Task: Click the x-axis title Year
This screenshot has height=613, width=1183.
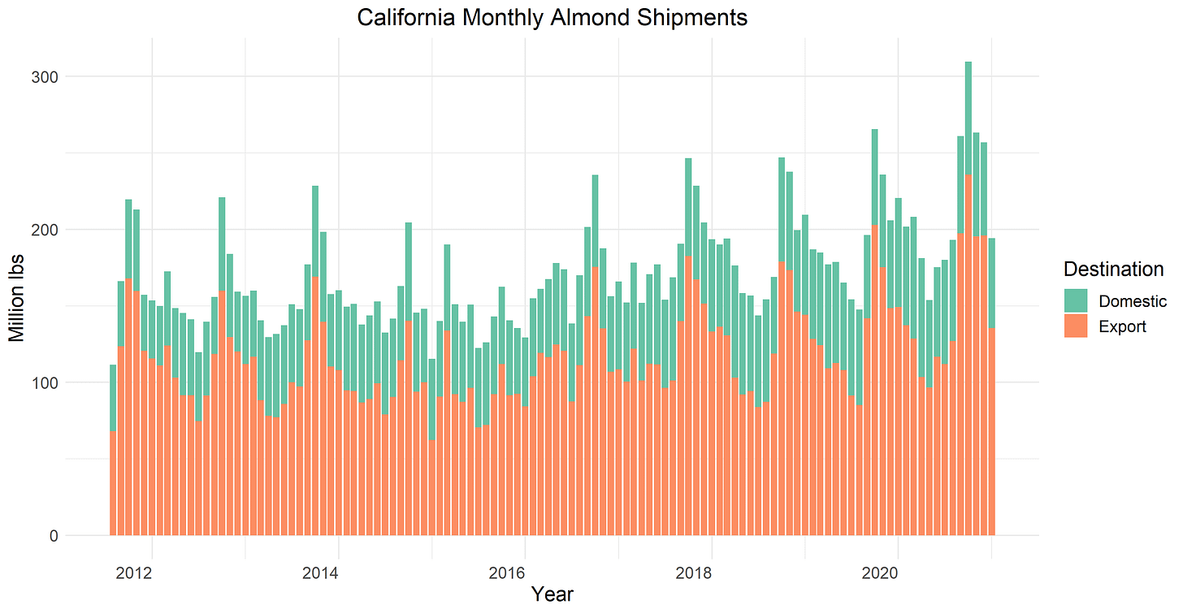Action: pos(552,595)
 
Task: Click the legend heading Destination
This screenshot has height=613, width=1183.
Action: pos(1113,269)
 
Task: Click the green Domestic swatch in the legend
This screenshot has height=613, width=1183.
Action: pos(1075,301)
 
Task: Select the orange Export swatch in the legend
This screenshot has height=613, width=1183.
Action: pos(1075,326)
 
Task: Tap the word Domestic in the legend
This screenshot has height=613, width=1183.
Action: pos(1133,301)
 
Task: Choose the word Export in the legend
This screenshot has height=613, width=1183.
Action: pos(1122,326)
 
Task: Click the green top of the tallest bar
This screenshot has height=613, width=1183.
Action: pos(968,114)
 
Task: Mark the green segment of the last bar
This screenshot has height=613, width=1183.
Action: pos(991,280)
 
